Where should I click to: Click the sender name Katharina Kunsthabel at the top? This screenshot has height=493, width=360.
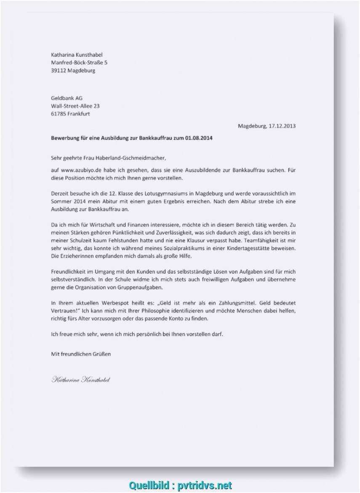(x=77, y=55)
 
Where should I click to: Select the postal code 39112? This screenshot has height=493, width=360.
(x=59, y=70)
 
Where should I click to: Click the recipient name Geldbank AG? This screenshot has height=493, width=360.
(x=67, y=98)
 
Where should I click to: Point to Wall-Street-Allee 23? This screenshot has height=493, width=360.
(x=75, y=106)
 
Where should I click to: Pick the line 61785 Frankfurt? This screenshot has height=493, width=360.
(x=70, y=114)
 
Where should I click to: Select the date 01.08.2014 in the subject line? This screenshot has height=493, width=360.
(x=198, y=138)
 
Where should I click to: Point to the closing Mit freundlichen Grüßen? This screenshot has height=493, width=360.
(x=81, y=354)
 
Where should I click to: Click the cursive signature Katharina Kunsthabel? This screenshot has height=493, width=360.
(x=80, y=380)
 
